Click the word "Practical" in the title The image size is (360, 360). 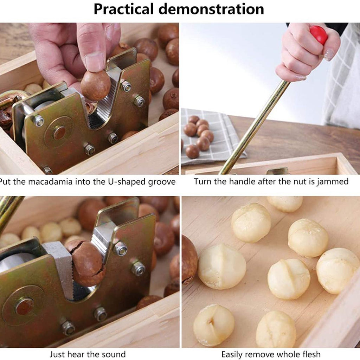pyautogui.click(x=123, y=9)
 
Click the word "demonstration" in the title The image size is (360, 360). pyautogui.click(x=211, y=9)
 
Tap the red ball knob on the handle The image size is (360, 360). pyautogui.click(x=319, y=34)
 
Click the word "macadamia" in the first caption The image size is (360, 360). pyautogui.click(x=50, y=182)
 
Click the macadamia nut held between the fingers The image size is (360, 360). pyautogui.click(x=96, y=86)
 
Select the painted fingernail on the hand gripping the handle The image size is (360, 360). pyautogui.click(x=329, y=54)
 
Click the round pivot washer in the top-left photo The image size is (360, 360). pyautogui.click(x=59, y=133)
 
